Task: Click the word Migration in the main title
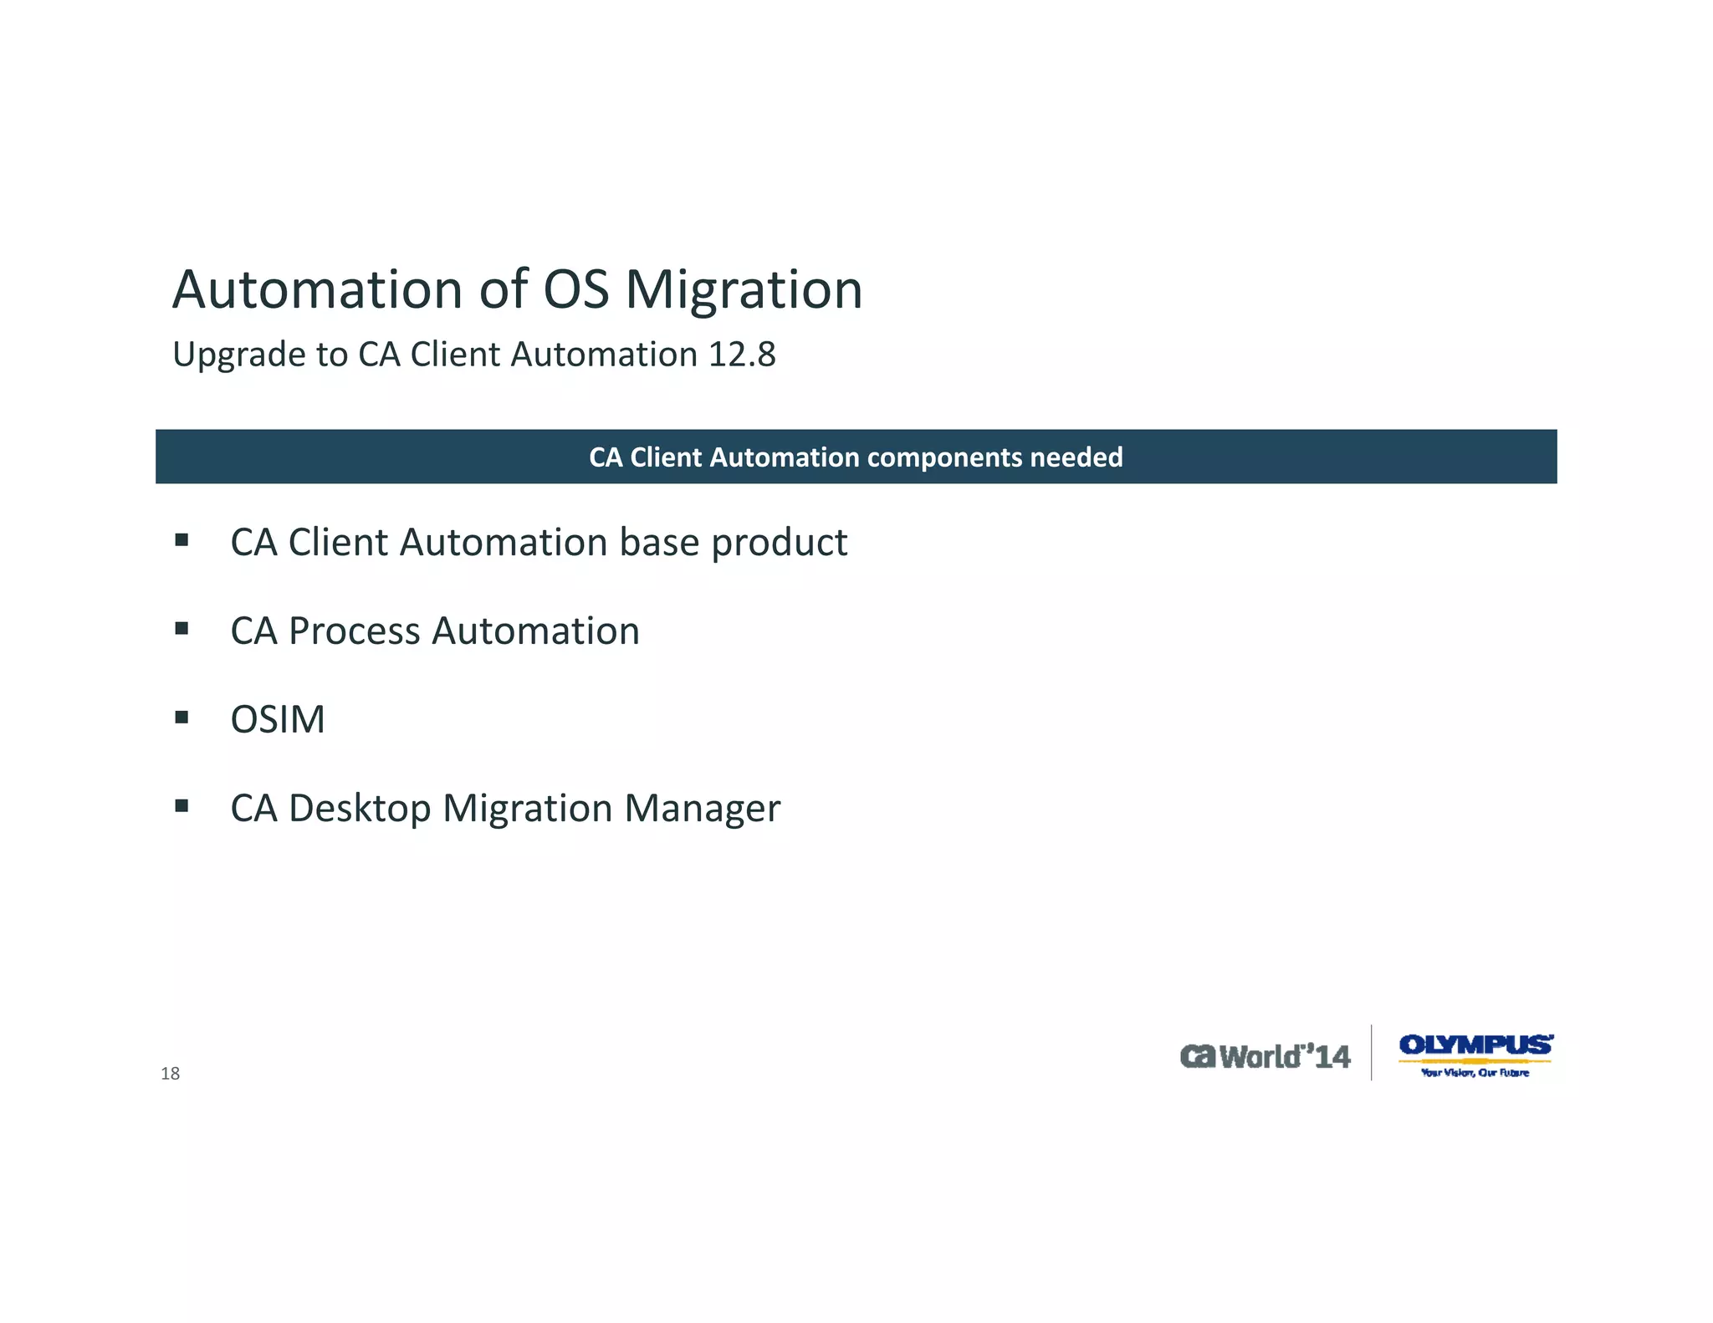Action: [x=744, y=290]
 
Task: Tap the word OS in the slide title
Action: [x=576, y=290]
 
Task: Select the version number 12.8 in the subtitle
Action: [x=742, y=355]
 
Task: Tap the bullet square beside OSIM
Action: [x=182, y=717]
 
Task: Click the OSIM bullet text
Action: [x=278, y=719]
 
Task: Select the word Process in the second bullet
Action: [x=354, y=631]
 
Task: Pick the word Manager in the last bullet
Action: [x=702, y=809]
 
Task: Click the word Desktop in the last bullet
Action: [x=360, y=809]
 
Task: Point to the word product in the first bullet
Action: [x=779, y=543]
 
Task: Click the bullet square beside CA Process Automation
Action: [x=182, y=628]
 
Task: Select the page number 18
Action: [x=170, y=1074]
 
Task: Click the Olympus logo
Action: [x=1475, y=1045]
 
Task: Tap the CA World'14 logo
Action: [x=1265, y=1056]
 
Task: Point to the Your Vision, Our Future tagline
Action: [x=1475, y=1073]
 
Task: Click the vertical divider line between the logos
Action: [x=1372, y=1052]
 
